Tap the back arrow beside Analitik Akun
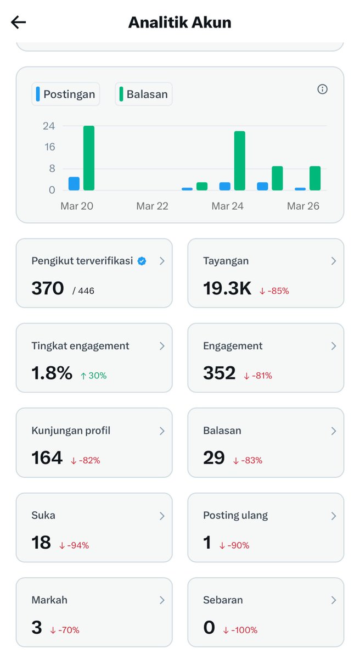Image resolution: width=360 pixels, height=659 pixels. [19, 22]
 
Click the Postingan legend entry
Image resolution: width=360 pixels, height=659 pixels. [66, 94]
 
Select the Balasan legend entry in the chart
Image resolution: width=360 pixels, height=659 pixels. [144, 94]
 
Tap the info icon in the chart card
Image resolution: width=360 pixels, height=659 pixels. [323, 89]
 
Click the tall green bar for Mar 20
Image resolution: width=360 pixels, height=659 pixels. [89, 158]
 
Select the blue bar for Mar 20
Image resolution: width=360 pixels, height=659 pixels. [74, 183]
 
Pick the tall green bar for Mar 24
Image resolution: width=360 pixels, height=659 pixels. [239, 160]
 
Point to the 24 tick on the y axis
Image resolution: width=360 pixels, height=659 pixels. [49, 126]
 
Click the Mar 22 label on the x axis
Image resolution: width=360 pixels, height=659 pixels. [152, 206]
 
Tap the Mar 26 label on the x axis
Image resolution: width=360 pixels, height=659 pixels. [303, 206]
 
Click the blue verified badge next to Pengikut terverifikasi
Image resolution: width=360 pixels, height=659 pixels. [142, 261]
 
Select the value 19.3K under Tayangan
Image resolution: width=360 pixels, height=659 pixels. [227, 288]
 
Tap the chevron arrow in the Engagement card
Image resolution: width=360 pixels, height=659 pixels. [333, 346]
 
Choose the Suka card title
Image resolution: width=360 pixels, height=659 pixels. [43, 515]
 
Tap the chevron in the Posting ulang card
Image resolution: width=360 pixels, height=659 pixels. [333, 516]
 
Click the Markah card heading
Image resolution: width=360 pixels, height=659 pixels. [49, 600]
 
